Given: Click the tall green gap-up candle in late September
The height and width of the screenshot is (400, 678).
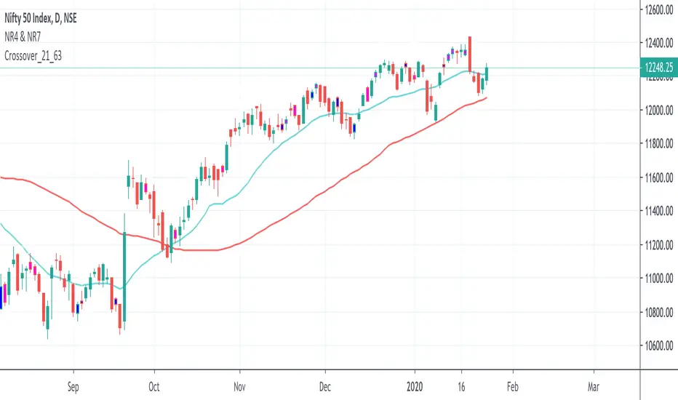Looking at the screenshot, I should coord(124,276).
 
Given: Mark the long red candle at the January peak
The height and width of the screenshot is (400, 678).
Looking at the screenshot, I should coord(471,55).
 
